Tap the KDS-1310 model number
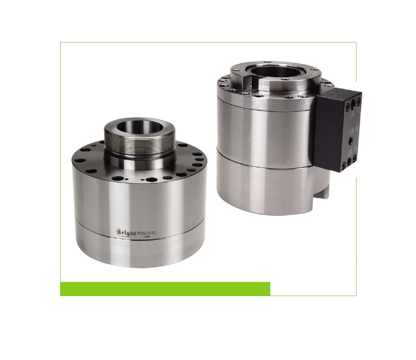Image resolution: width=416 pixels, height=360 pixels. click(x=146, y=233)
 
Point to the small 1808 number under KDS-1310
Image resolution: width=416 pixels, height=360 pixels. click(x=146, y=237)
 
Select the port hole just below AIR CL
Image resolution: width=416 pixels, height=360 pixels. click(x=351, y=140)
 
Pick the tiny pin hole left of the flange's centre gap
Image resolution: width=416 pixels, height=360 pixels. click(x=127, y=178)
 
